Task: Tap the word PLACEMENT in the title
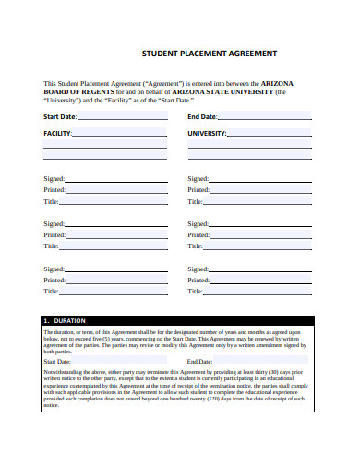206,54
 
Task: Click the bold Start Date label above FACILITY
60,117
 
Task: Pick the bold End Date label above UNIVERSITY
202,117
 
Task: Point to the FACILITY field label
57,134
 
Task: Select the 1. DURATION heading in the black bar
64,320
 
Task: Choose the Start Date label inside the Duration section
57,361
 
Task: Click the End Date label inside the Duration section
201,361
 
